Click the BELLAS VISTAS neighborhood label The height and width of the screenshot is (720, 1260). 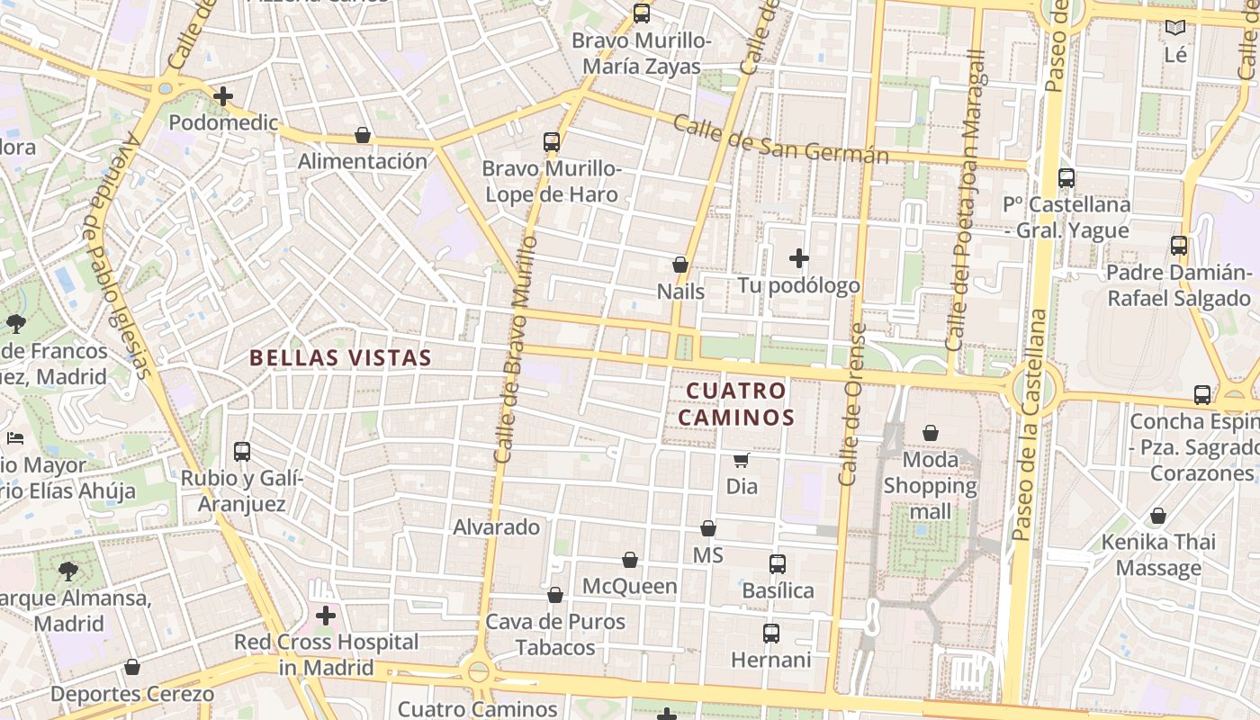point(340,357)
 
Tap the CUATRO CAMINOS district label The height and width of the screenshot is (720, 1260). point(735,404)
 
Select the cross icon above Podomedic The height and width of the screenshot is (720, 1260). point(223,95)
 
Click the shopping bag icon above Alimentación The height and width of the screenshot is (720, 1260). point(363,135)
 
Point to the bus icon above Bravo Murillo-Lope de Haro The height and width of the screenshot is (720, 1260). point(552,142)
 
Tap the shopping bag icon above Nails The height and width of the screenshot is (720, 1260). point(680,265)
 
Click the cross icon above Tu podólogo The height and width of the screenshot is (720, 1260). point(798,259)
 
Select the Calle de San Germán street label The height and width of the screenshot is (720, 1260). point(780,140)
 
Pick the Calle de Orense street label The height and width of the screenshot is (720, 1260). point(851,405)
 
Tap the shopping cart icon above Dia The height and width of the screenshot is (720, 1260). point(741,461)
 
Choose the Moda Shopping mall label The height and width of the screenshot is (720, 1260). point(930,486)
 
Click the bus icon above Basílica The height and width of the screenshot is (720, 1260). point(778,564)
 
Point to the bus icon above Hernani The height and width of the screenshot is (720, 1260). point(770,634)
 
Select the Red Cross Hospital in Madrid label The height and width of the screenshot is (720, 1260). point(326,655)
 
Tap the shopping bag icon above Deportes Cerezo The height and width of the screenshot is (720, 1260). point(132,667)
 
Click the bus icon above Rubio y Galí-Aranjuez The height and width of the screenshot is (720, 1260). point(241,452)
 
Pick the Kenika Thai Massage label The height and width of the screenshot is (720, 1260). point(1158,554)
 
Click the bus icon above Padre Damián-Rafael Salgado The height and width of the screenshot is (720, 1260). point(1178,246)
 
